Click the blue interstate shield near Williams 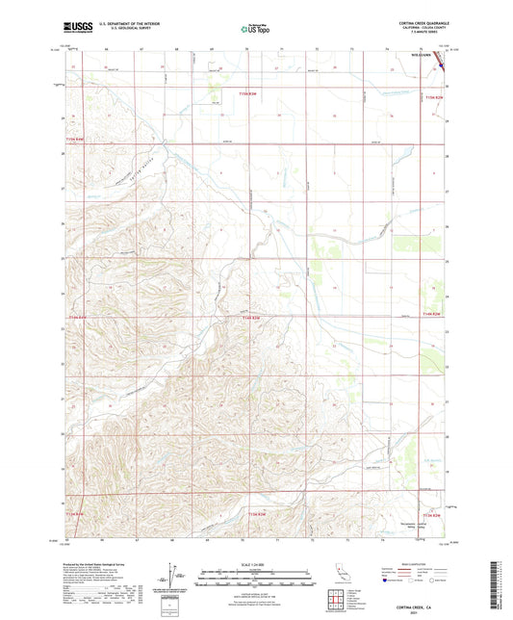444,68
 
